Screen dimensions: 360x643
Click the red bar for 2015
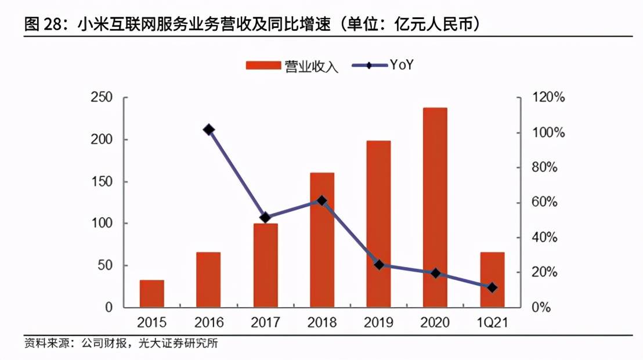pyautogui.click(x=152, y=293)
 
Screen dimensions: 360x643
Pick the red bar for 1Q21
pyautogui.click(x=492, y=279)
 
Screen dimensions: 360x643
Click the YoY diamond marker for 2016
pyautogui.click(x=209, y=129)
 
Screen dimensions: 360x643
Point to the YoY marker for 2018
pyautogui.click(x=322, y=201)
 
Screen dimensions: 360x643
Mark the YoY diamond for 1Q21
pyautogui.click(x=492, y=287)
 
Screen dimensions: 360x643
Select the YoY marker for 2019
pyautogui.click(x=379, y=265)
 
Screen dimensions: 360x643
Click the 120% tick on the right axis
pyautogui.click(x=548, y=98)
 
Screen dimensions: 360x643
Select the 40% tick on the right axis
pyautogui.click(x=544, y=237)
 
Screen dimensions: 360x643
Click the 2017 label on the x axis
pyautogui.click(x=265, y=322)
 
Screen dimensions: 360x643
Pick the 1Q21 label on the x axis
pyautogui.click(x=492, y=322)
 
